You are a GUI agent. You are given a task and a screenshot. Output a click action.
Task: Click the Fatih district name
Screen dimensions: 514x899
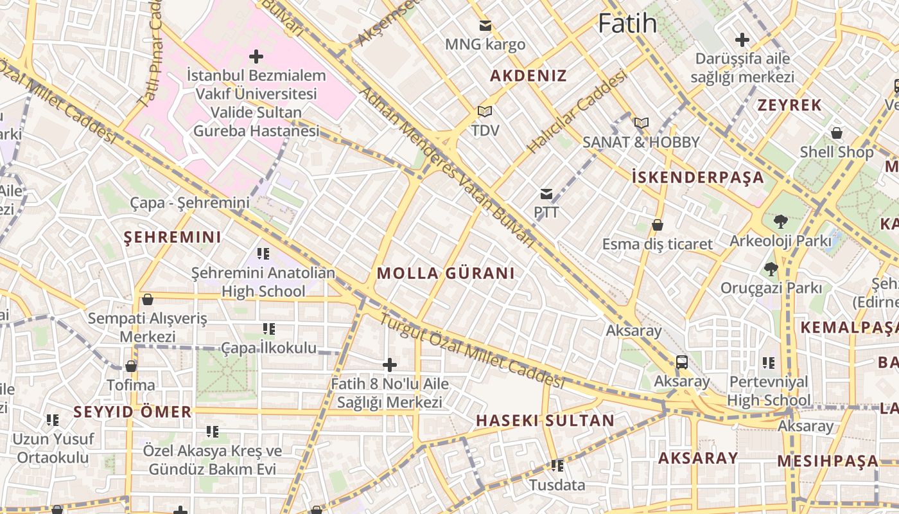point(627,24)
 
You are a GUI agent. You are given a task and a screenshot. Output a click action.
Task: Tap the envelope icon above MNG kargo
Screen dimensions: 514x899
point(485,26)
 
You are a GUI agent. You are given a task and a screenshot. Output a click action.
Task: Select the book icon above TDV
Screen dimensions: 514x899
point(485,112)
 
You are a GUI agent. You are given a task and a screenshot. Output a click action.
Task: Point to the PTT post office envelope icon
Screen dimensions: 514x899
point(546,193)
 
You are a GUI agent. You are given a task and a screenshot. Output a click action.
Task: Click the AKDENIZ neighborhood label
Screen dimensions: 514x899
point(528,76)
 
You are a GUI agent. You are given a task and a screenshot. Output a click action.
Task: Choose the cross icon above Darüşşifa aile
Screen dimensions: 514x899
point(742,40)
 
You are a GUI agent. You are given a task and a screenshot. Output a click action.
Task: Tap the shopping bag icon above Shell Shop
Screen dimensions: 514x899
point(837,133)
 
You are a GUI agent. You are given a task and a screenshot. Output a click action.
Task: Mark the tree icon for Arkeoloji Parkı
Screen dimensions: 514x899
point(780,222)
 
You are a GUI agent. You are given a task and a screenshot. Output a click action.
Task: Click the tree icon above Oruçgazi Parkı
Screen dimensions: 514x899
point(771,269)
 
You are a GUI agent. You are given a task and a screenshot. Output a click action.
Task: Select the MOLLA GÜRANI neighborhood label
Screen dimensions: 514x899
point(446,273)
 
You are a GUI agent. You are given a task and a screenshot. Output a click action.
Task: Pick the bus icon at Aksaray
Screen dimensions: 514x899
point(682,362)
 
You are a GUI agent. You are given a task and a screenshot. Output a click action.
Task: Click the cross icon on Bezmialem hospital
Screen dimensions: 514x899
point(256,57)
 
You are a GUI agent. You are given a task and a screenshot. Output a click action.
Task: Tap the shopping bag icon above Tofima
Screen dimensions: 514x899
point(131,366)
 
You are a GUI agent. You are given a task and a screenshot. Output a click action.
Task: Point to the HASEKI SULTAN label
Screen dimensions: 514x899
point(545,421)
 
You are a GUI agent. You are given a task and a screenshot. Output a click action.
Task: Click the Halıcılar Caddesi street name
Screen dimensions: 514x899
point(577,112)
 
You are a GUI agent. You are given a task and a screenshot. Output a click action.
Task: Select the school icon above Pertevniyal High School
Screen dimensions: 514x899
point(769,363)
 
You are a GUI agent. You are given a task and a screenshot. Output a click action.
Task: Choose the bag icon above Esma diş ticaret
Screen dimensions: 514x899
point(658,225)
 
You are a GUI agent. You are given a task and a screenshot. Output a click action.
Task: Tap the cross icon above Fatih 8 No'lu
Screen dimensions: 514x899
point(390,365)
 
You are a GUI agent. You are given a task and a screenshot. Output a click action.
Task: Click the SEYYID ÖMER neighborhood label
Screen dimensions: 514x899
point(132,412)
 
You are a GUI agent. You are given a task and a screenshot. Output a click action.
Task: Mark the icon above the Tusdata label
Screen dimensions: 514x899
point(557,466)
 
